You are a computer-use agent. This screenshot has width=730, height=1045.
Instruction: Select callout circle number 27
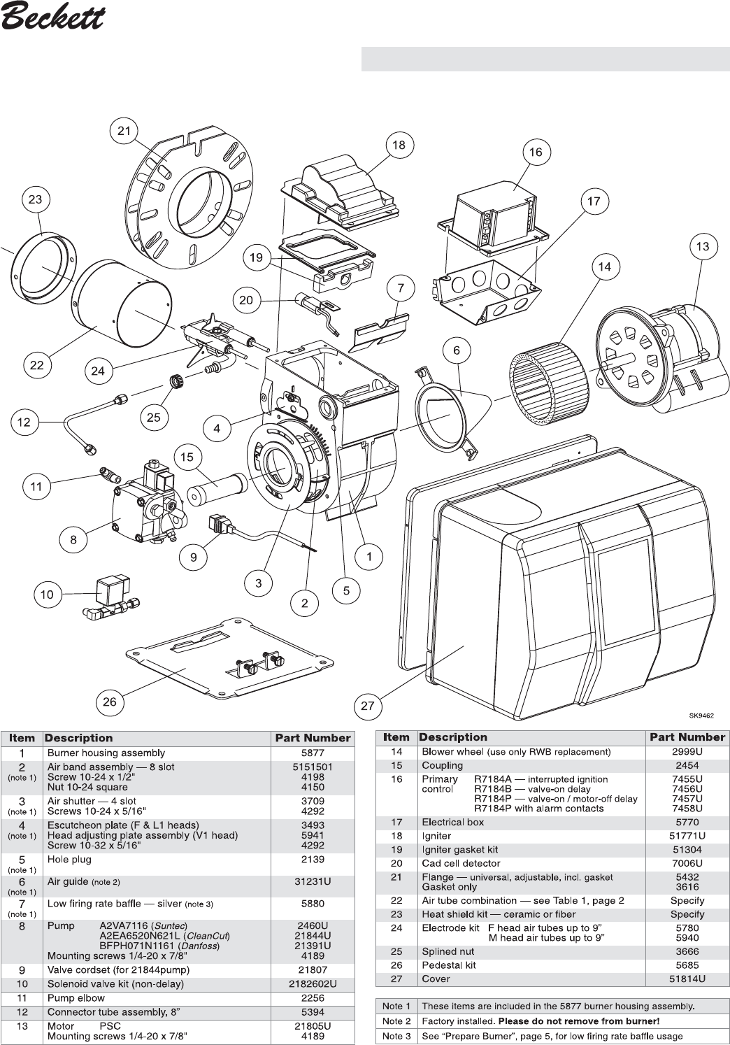pyautogui.click(x=368, y=706)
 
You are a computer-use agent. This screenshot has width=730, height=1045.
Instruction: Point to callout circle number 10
pyautogui.click(x=46, y=595)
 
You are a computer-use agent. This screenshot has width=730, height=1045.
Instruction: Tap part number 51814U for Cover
pyautogui.click(x=687, y=979)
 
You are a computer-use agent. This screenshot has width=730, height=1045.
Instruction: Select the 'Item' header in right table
pyautogui.click(x=396, y=737)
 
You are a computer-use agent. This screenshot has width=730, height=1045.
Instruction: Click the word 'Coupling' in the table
pyautogui.click(x=443, y=765)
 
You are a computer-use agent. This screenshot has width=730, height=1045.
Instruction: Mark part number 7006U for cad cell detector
pyautogui.click(x=687, y=863)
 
